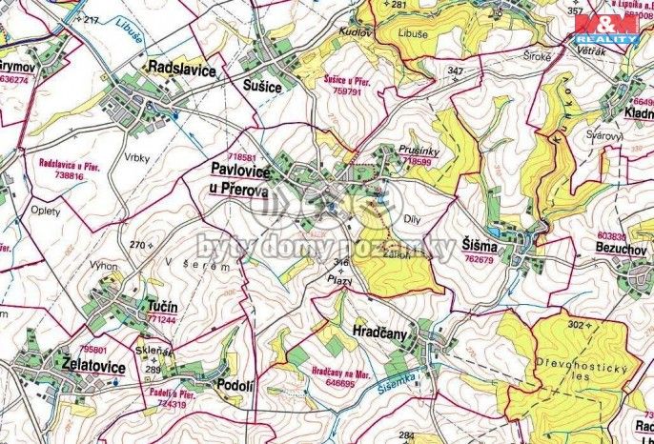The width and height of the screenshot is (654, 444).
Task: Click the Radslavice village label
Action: pos(181,70)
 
